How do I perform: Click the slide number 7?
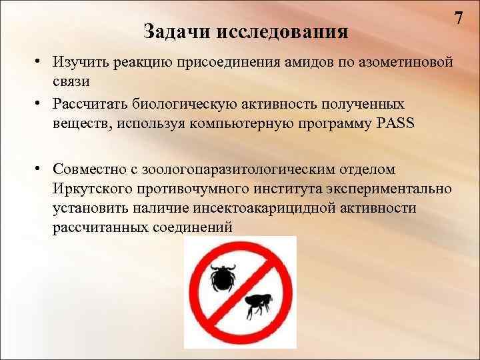(x=459, y=17)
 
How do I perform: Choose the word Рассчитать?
(x=93, y=105)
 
